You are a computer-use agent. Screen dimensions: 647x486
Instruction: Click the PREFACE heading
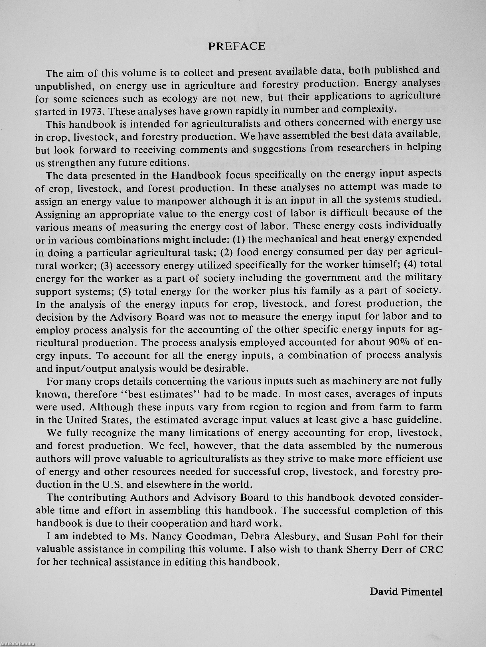tap(236, 46)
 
